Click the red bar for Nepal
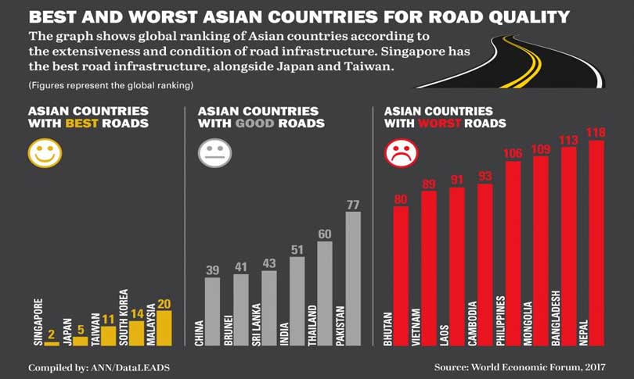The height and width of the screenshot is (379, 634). (596, 242)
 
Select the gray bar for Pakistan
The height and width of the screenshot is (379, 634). (353, 277)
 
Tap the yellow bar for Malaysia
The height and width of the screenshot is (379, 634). (164, 327)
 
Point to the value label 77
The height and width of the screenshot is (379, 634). (353, 205)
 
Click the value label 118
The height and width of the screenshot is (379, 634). (596, 133)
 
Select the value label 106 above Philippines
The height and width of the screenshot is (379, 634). (513, 153)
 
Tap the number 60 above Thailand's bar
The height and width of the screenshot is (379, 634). (325, 234)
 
